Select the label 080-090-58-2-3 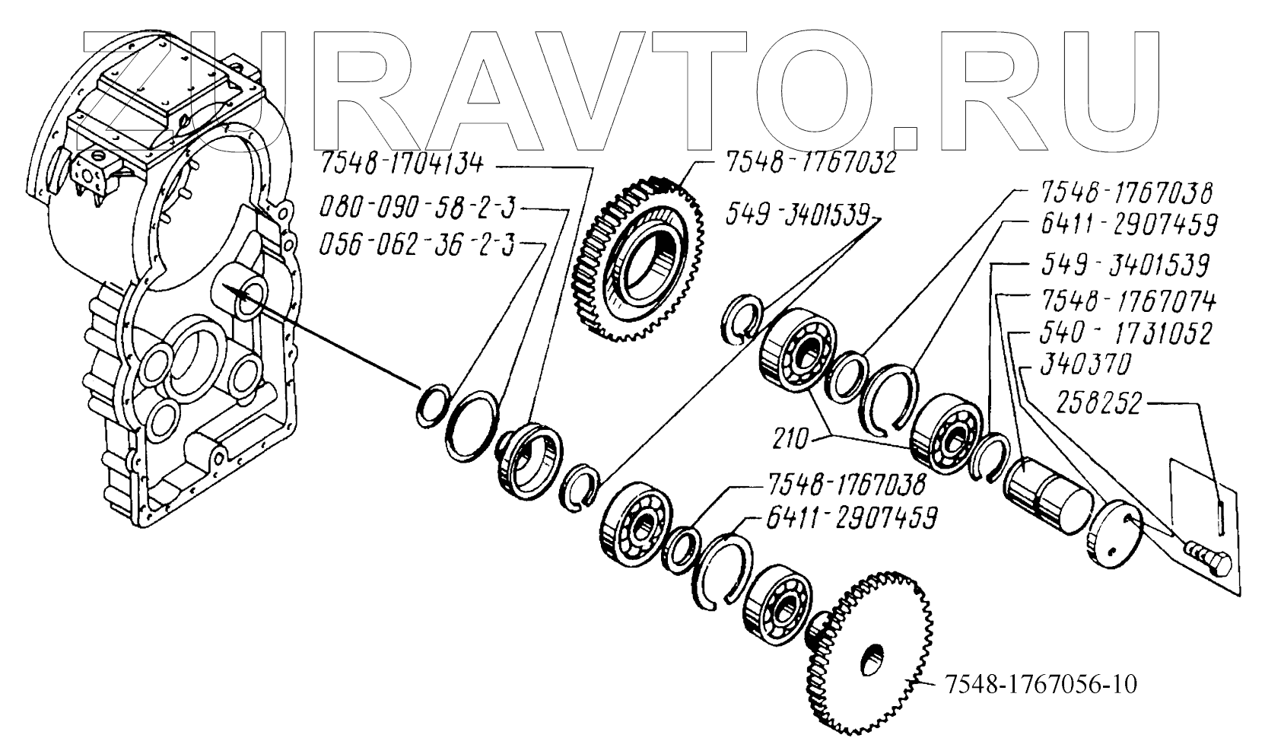[418, 207]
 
